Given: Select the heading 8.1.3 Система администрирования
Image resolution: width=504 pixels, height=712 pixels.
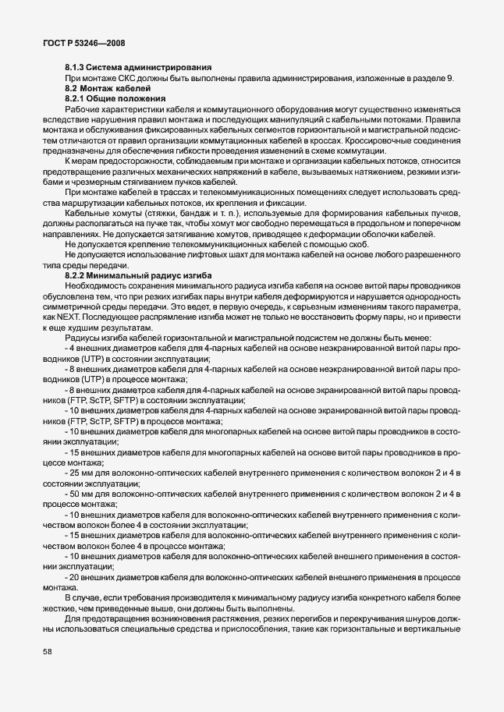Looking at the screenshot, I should coord(126,67).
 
